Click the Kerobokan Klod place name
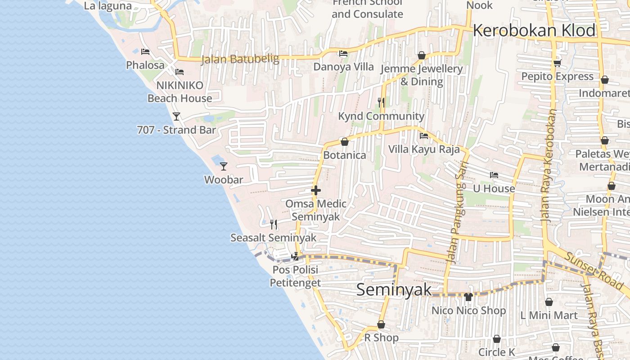(534, 31)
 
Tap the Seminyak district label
(394, 290)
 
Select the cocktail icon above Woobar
(224, 166)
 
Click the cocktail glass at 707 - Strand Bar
(176, 117)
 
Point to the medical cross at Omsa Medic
(316, 190)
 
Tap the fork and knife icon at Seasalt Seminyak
(273, 224)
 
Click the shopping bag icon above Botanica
(345, 142)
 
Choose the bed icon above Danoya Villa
(343, 54)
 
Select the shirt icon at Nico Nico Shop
(468, 297)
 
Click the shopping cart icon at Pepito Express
(557, 63)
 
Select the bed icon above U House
(494, 175)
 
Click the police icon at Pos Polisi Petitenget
(296, 256)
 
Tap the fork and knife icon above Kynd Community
(381, 103)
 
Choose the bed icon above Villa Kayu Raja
(424, 136)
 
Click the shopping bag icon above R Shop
(381, 324)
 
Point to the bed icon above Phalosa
(145, 52)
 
